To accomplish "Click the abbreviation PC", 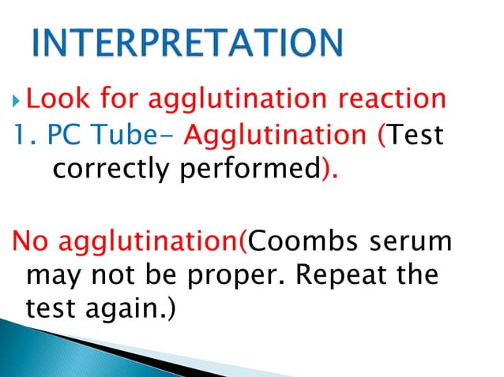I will coord(63,136).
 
